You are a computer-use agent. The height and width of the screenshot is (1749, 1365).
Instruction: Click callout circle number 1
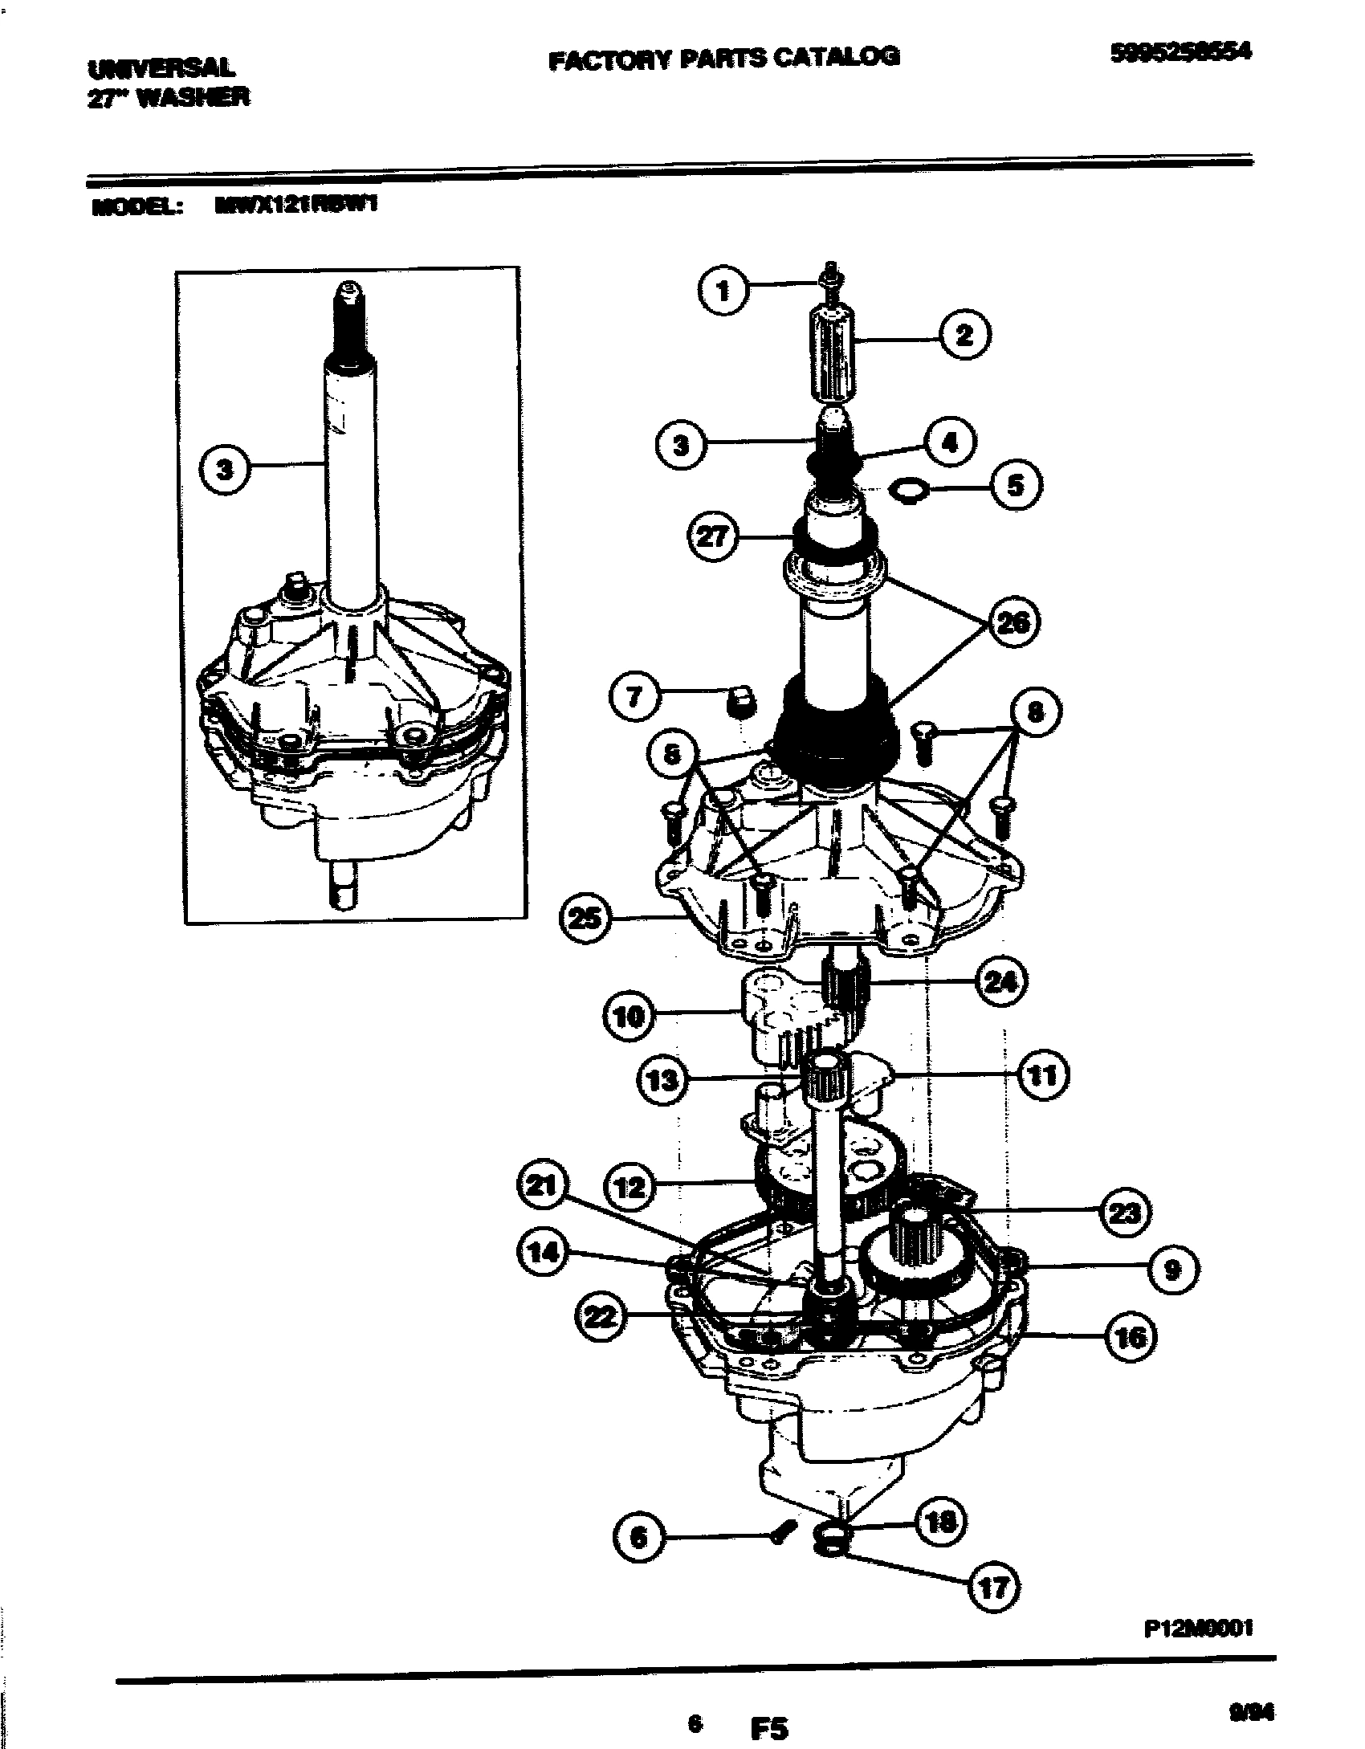723,291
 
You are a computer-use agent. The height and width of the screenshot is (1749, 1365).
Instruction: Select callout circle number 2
964,334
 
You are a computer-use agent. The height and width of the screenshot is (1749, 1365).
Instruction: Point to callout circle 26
1012,622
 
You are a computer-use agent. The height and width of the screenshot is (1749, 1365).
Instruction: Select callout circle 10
629,1017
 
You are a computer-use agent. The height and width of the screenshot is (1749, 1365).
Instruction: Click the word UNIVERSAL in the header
161,67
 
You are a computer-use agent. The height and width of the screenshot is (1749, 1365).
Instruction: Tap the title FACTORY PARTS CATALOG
723,58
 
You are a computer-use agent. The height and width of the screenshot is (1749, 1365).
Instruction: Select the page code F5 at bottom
769,1722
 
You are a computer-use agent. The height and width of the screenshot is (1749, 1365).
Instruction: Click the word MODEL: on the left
138,207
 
